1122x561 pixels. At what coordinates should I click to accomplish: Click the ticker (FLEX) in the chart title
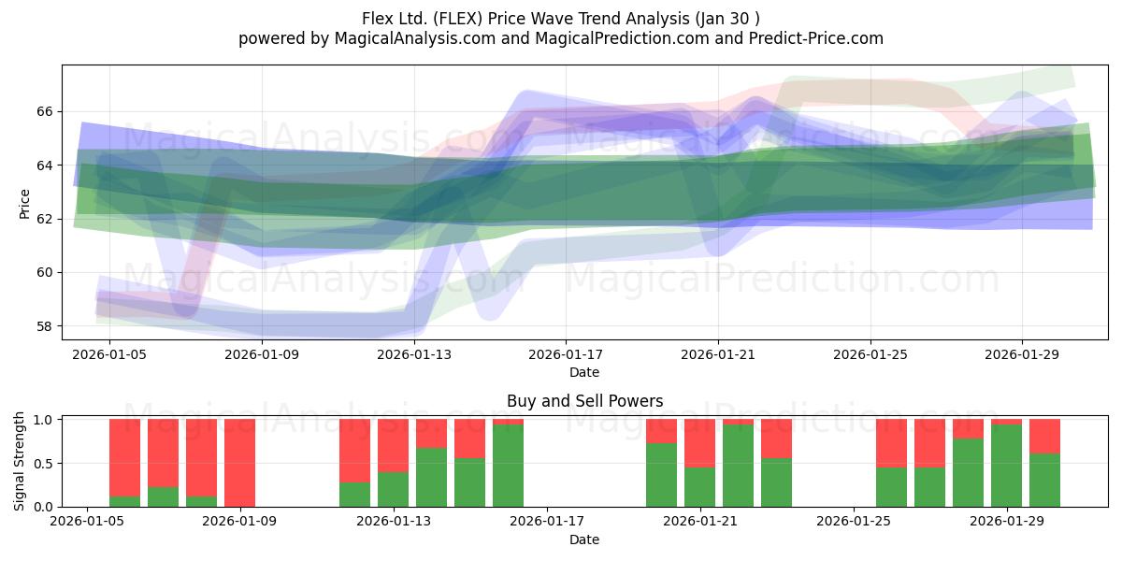coord(458,19)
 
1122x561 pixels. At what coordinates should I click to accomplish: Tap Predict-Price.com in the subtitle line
coord(816,38)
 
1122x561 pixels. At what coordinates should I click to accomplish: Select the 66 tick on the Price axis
coord(45,111)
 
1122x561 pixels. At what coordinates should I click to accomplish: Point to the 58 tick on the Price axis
coord(45,326)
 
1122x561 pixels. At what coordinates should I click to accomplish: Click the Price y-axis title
coord(24,204)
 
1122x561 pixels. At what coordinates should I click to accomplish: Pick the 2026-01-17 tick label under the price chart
coord(566,354)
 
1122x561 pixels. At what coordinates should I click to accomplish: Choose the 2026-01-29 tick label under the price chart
coord(1022,354)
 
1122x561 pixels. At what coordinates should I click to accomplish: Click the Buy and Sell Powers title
coord(584,401)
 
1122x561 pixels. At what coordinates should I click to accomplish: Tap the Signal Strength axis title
coord(19,461)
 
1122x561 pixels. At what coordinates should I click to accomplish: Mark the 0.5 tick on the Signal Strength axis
coord(43,464)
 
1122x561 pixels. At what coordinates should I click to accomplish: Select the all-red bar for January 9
coord(239,463)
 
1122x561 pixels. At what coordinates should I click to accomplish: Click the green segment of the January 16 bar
coord(508,466)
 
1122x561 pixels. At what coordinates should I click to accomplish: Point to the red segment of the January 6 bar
coord(124,458)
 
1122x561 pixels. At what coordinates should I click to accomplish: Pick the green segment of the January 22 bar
coord(738,466)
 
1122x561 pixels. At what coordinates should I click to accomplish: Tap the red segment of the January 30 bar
coord(1044,437)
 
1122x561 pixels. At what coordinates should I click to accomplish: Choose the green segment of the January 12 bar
coord(354,495)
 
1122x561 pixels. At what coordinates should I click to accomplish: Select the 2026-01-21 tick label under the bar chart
coord(699,522)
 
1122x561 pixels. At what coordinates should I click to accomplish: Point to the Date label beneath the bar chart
coord(584,540)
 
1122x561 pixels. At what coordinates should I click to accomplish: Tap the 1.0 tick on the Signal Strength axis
coord(43,420)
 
